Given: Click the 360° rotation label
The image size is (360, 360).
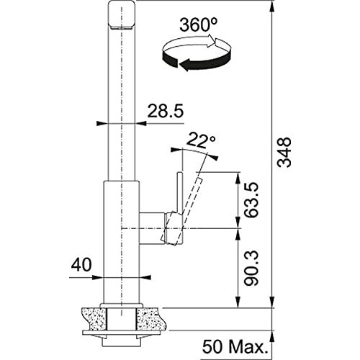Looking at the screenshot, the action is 199,25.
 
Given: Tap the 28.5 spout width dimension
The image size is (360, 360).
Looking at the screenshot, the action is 166,111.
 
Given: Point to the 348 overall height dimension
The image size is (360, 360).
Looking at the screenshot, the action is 284,152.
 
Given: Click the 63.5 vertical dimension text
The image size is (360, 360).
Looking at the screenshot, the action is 251,200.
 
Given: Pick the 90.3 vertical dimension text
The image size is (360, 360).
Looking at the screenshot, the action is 251,269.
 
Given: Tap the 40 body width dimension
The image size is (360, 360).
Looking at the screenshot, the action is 81,265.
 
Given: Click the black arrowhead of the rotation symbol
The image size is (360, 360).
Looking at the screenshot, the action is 186,65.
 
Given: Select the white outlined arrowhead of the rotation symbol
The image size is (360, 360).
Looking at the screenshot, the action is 212,40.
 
